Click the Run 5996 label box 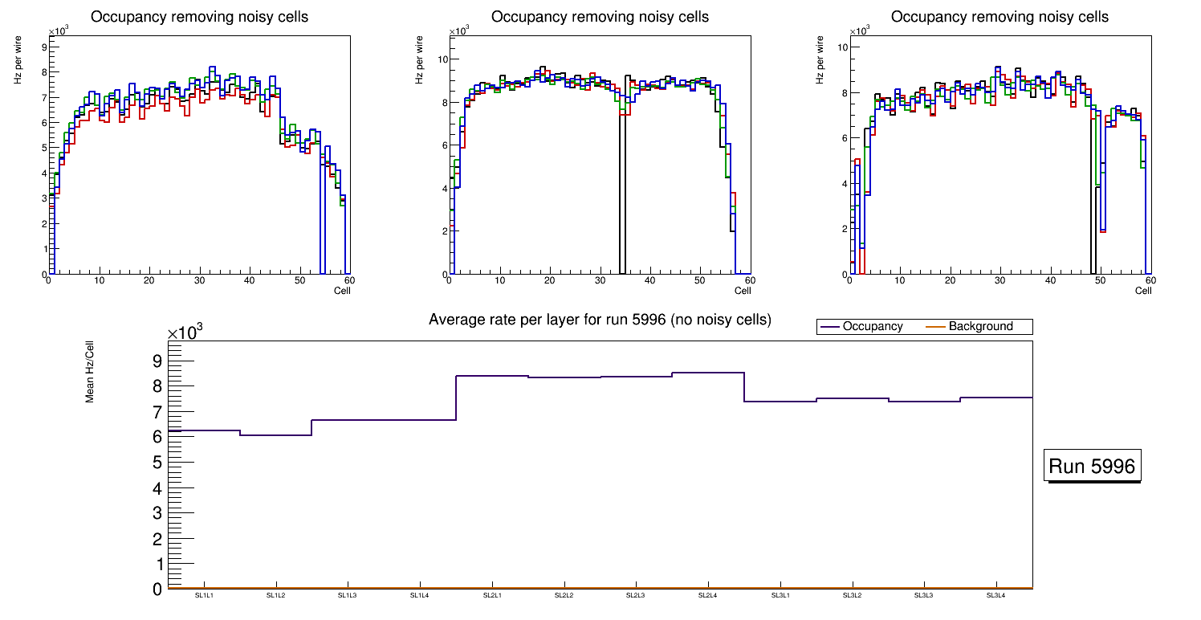coord(1093,467)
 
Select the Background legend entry coord(980,327)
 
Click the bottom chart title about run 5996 coord(600,320)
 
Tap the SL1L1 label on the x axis coord(204,595)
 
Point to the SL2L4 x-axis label coord(707,595)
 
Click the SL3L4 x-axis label coord(995,595)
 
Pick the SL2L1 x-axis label coord(492,595)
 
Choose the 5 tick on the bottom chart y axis coord(157,463)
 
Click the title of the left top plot coord(199,17)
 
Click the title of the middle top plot coord(600,17)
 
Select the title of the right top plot coord(999,17)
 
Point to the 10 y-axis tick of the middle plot coord(442,59)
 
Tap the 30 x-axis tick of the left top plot coord(199,280)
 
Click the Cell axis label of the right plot coord(1143,291)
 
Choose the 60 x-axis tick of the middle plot coord(749,280)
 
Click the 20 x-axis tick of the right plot coord(950,280)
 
